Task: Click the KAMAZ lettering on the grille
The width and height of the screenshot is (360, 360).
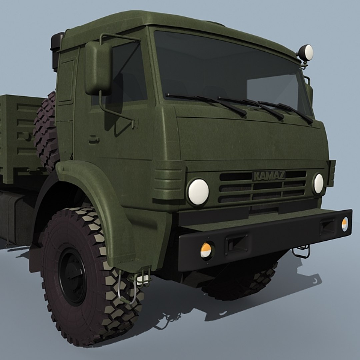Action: tap(269, 176)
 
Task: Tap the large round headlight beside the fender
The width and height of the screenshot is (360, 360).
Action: tap(198, 192)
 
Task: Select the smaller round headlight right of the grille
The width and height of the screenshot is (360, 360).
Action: tap(318, 184)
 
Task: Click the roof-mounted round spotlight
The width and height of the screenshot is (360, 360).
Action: tap(306, 53)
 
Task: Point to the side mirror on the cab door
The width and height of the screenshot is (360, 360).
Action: tap(98, 68)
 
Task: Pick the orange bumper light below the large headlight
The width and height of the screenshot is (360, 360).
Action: tap(206, 250)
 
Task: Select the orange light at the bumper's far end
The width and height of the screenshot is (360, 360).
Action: tap(345, 224)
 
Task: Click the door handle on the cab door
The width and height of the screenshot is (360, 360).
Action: tap(94, 139)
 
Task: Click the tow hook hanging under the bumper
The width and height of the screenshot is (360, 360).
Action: tap(301, 252)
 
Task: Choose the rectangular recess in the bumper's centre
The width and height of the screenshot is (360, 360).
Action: tap(237, 243)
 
